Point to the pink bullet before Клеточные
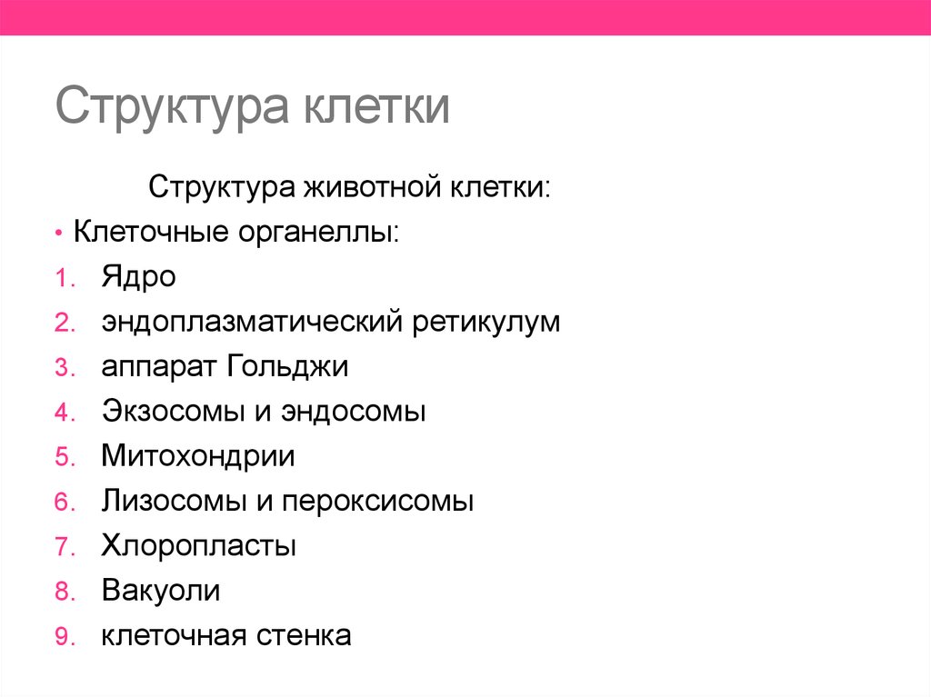point(57,234)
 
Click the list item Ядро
point(138,277)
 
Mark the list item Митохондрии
point(198,456)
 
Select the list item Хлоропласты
point(199,546)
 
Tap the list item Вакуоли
point(161,591)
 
